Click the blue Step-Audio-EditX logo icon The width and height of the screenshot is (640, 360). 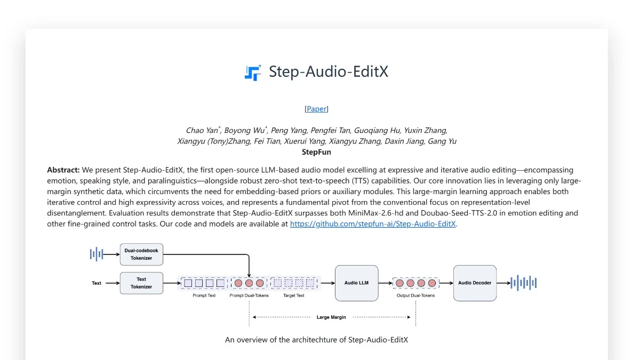[x=253, y=73]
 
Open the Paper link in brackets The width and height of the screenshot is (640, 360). [x=316, y=109]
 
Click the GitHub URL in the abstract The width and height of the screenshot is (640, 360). [x=373, y=224]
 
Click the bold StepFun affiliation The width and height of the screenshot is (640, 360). [x=316, y=152]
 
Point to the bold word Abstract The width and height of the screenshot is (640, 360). [x=63, y=170]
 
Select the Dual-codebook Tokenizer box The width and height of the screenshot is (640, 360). [x=141, y=254]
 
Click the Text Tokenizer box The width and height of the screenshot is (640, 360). [x=141, y=283]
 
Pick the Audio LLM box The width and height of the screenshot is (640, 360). [x=356, y=283]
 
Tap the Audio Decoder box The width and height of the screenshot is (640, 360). [x=475, y=283]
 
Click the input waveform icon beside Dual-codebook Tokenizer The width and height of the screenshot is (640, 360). [x=96, y=254]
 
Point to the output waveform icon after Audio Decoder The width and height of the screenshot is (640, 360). [x=523, y=283]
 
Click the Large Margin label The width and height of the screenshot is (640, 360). [x=331, y=317]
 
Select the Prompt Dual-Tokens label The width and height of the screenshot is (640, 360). [x=249, y=295]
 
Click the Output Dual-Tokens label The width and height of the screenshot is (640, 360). [x=415, y=295]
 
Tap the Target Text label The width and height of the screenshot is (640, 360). [x=294, y=295]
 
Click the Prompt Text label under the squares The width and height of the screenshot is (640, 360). [x=204, y=295]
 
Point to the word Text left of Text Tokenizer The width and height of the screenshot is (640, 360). [x=97, y=283]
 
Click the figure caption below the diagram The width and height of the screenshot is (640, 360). [x=316, y=340]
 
